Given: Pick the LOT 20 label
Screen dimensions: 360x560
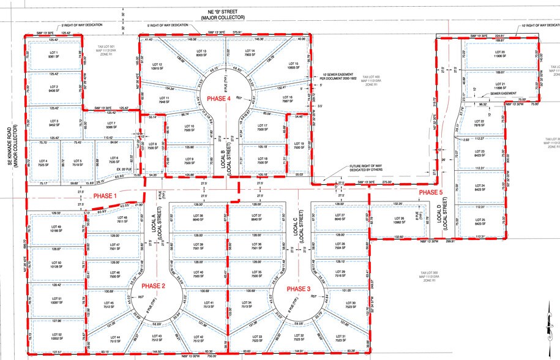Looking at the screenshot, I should (x=499, y=53).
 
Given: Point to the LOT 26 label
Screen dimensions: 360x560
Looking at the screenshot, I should (x=399, y=219).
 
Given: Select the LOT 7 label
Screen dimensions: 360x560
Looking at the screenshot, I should (x=111, y=125).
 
